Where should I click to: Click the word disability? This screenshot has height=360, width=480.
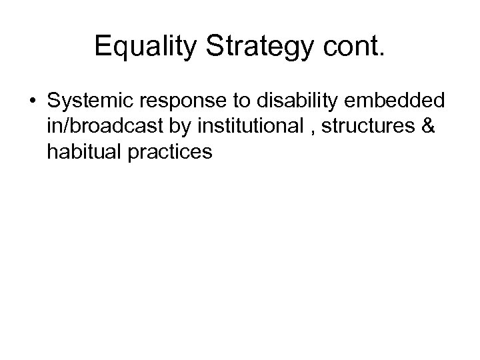[273, 104]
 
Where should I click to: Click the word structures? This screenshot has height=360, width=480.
[363, 128]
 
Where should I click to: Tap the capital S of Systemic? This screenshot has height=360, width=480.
[53, 104]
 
